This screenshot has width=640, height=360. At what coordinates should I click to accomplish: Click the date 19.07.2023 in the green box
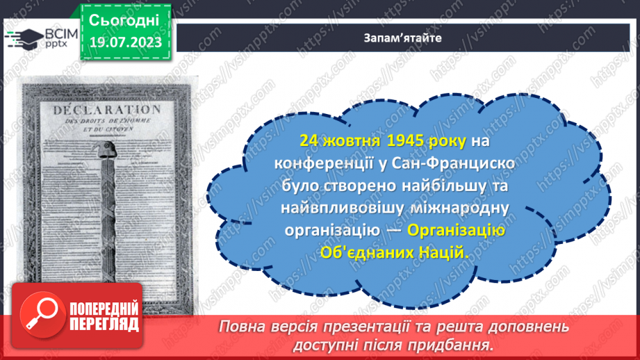pos(124,42)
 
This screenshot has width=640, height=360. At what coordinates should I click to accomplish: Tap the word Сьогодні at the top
pos(125,19)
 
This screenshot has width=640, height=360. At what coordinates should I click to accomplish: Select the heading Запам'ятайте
pos(402,38)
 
